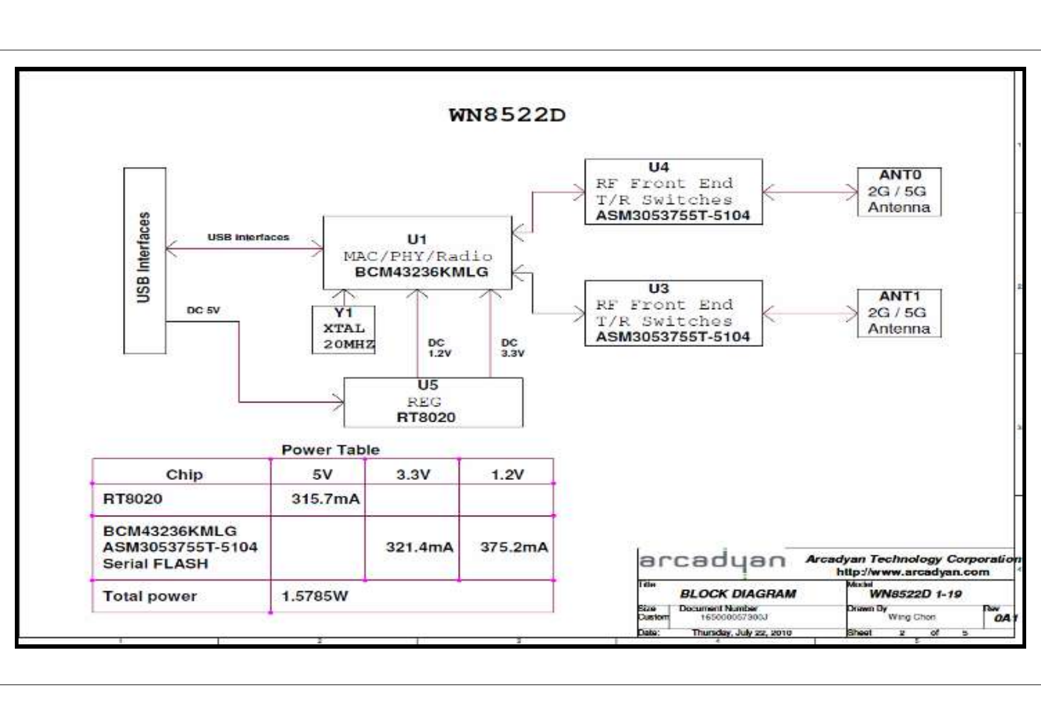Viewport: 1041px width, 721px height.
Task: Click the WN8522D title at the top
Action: pos(507,115)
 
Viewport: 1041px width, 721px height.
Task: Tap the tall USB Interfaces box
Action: pos(145,260)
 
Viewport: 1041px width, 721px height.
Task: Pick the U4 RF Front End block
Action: pos(673,192)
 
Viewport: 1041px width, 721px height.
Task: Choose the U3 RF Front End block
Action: pos(673,313)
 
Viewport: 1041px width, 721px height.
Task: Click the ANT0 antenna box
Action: pos(899,192)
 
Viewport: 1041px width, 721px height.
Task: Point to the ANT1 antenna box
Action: pos(899,313)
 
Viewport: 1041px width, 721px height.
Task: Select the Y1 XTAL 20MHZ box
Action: pos(344,330)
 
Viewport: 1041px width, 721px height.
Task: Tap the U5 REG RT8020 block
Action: pos(433,402)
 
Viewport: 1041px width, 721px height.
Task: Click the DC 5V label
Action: pos(203,310)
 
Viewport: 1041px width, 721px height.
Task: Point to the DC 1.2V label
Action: pos(440,348)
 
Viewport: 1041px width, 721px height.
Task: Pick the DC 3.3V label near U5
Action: pos(512,348)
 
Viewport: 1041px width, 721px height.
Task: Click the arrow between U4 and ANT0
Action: pos(810,192)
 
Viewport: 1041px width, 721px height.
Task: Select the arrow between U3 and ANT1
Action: pos(810,314)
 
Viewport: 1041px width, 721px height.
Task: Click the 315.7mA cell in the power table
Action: pos(325,499)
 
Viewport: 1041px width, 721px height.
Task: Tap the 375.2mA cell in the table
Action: pos(513,547)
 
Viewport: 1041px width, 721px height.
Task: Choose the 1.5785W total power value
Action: pos(315,596)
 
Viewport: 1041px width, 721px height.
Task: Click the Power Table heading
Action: pos(330,450)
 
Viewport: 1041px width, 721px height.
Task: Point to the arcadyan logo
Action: pos(712,561)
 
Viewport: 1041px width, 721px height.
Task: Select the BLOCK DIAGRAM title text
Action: pos(737,594)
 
